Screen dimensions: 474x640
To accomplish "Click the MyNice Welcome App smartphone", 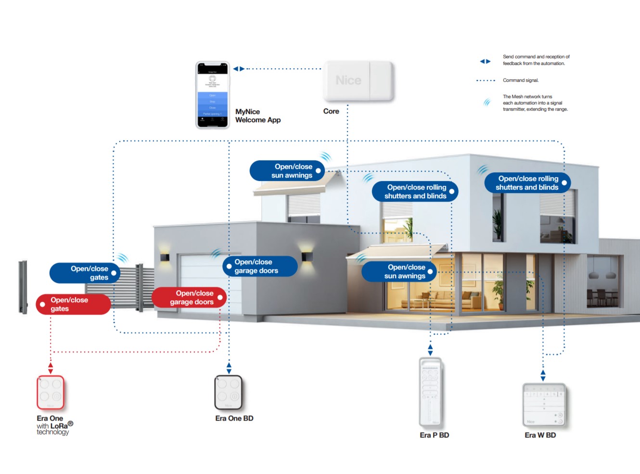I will tap(212, 95).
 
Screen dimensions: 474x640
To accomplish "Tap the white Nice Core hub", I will tap(358, 80).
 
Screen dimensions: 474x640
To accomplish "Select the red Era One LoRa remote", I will tap(50, 392).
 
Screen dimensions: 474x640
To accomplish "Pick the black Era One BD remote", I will tap(228, 392).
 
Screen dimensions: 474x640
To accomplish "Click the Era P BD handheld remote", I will tap(430, 392).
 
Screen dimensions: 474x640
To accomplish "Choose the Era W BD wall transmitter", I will tap(544, 404).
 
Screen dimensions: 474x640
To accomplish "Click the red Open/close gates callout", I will tap(73, 304).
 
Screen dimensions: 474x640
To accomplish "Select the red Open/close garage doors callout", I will tap(189, 297).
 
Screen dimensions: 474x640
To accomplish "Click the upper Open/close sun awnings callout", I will tap(287, 171).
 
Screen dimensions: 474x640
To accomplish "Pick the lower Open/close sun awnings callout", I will tap(399, 271).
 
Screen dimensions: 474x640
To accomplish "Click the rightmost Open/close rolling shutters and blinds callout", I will tap(527, 183).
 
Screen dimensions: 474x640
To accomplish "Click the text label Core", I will tap(331, 111).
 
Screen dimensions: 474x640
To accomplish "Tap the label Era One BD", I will tap(234, 418).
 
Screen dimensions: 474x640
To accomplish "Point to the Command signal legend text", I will tap(521, 80).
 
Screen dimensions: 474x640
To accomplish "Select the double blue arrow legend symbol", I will tap(485, 61).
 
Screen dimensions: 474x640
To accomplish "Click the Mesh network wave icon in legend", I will tap(487, 102).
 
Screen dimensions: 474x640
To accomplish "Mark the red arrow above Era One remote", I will tap(51, 369).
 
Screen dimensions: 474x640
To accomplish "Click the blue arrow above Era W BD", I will tap(543, 375).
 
